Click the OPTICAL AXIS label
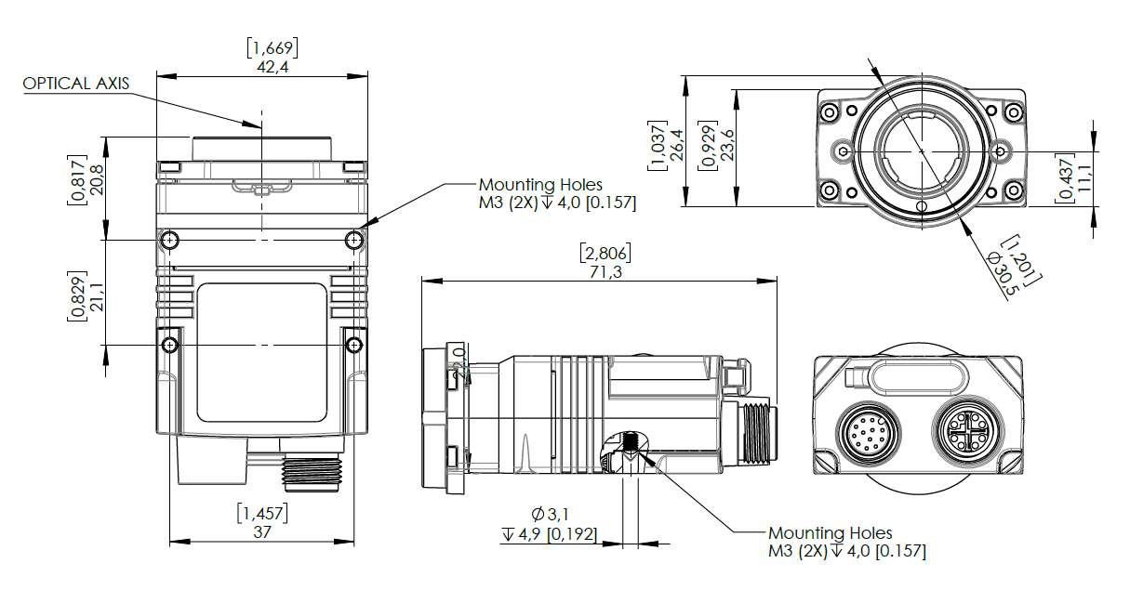[76, 84]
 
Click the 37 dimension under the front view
[261, 532]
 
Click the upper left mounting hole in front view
[169, 241]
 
